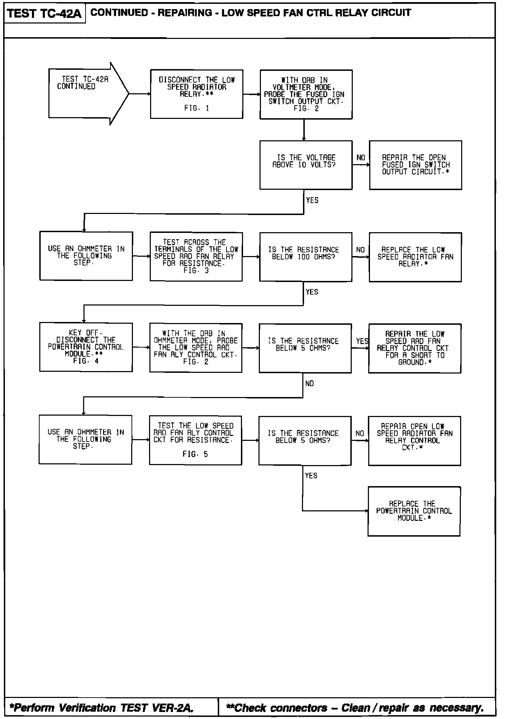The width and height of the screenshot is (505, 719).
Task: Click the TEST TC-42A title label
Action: click(44, 13)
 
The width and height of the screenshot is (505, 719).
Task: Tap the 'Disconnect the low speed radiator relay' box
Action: click(196, 94)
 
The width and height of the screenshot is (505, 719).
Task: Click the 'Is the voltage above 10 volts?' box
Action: click(306, 165)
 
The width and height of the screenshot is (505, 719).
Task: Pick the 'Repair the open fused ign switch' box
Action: click(415, 165)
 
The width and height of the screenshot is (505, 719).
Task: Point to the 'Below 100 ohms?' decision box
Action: click(305, 257)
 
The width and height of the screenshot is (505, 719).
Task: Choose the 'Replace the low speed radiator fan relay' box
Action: click(415, 257)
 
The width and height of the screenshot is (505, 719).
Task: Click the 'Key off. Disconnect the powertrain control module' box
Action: click(86, 347)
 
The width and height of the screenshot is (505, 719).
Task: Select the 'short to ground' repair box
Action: click(415, 348)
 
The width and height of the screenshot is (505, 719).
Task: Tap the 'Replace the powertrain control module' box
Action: click(414, 511)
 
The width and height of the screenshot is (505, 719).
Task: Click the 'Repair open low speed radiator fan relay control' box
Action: click(414, 441)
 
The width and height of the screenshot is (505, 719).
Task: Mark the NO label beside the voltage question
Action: click(361, 158)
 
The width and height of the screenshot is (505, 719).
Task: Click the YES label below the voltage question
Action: click(312, 200)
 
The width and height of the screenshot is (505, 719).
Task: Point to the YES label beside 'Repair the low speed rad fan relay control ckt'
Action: click(362, 341)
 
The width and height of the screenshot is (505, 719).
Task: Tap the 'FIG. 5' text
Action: click(195, 454)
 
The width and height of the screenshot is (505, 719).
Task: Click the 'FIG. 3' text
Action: click(196, 270)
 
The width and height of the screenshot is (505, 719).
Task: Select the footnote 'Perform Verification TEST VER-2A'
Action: click(102, 708)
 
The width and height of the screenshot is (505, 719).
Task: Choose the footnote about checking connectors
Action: click(355, 708)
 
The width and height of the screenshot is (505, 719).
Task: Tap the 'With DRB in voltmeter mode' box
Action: click(306, 94)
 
